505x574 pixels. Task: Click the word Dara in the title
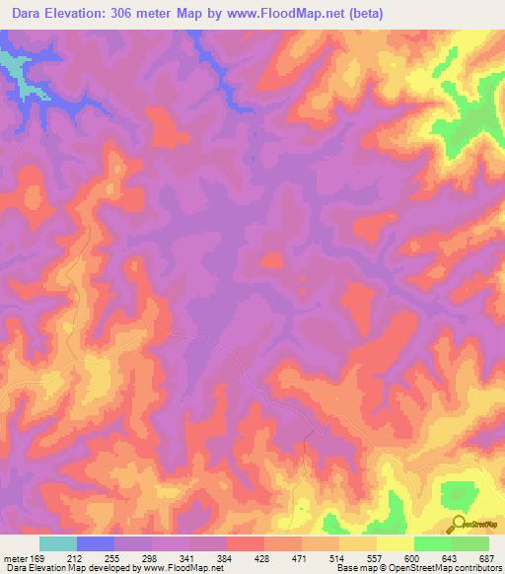click(x=31, y=14)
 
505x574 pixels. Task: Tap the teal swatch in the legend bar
click(x=58, y=543)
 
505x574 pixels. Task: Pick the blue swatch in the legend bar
click(x=96, y=543)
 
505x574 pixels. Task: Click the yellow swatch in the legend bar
click(x=396, y=543)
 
